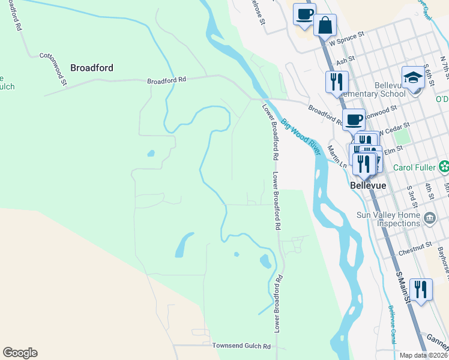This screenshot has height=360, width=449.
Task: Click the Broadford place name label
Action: point(92,68)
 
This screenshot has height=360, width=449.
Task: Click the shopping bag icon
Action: point(325,26)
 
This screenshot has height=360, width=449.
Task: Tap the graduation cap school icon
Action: point(413,78)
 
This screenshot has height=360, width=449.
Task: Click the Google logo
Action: point(20,353)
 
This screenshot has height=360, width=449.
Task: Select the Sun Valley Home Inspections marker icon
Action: point(430,217)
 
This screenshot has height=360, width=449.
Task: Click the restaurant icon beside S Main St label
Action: point(421,290)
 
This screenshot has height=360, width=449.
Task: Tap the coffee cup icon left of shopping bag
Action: point(304,14)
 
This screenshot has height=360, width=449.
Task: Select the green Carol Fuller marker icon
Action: point(444,166)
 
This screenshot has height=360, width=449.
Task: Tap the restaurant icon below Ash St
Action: point(336,82)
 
